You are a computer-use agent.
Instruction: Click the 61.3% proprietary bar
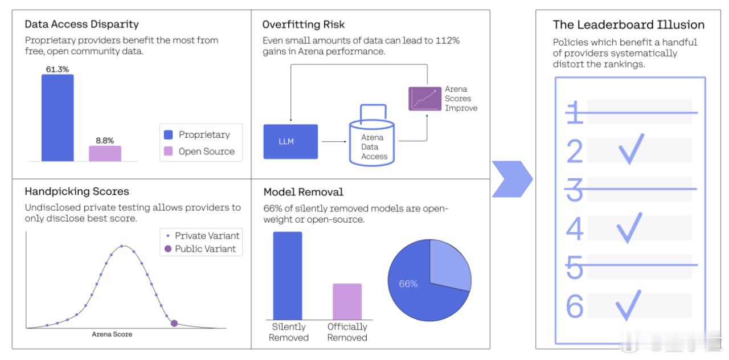(58, 118)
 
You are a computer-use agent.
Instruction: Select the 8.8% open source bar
(105, 153)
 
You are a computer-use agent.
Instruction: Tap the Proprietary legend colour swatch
(168, 135)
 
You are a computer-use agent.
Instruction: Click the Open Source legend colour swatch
(168, 152)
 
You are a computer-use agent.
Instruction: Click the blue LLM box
(290, 142)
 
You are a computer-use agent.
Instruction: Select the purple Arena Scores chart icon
(425, 99)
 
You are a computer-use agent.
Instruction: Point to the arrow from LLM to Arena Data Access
(334, 142)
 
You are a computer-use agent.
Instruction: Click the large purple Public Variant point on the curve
(174, 323)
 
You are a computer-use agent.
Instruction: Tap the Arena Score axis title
(112, 334)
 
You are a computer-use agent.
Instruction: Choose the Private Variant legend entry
(203, 236)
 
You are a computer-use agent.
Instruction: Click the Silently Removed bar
(288, 276)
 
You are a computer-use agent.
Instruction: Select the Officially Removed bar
(347, 301)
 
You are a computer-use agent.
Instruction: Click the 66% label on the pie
(408, 284)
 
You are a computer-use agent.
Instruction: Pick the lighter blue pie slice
(450, 264)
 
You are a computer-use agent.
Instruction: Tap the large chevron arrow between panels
(512, 179)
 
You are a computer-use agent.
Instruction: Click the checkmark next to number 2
(631, 149)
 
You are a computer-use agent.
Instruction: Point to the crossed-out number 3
(575, 190)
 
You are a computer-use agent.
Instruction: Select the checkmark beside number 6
(628, 305)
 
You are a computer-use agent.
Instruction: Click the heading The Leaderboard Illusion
(628, 24)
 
